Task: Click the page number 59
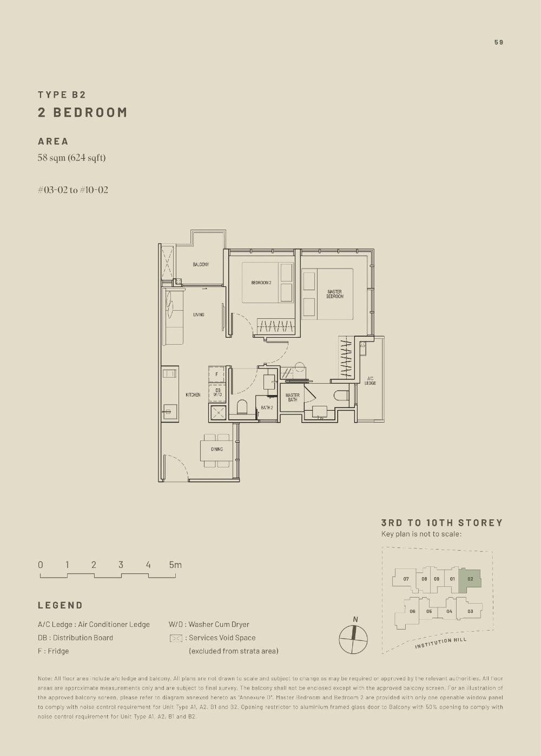click(498, 42)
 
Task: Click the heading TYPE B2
click(62, 95)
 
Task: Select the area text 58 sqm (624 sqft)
click(71, 158)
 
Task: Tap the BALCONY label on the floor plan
click(201, 264)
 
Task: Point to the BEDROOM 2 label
click(261, 283)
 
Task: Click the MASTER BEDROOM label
click(334, 294)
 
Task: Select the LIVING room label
click(199, 315)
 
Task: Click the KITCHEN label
click(193, 395)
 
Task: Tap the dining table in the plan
click(216, 449)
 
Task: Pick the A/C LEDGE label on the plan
click(370, 381)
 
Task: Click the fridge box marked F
click(216, 374)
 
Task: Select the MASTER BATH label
click(292, 397)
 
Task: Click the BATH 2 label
click(267, 408)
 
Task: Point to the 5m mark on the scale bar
click(175, 565)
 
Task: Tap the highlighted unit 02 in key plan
click(470, 580)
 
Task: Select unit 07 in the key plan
click(406, 579)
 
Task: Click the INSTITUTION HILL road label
click(440, 643)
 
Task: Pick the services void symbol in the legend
click(176, 638)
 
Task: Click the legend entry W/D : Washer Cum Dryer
click(209, 624)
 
